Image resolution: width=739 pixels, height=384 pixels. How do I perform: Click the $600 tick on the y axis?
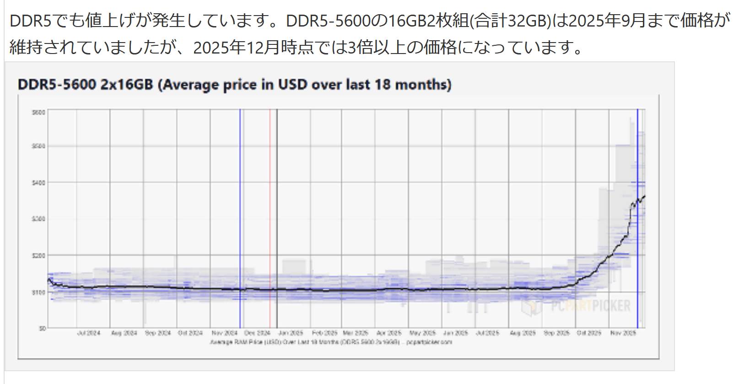coord(38,112)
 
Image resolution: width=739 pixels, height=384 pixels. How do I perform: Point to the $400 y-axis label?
coord(38,183)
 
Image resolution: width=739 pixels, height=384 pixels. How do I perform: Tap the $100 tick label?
coord(38,292)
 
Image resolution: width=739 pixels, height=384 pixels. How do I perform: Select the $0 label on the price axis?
coord(42,328)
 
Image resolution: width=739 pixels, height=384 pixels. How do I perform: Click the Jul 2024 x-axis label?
coord(89,333)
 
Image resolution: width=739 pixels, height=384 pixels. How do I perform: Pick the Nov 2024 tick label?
coord(224,333)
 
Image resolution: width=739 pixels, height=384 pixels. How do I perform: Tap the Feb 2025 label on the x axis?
coord(324,333)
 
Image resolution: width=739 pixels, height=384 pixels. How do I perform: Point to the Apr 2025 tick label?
coord(388,333)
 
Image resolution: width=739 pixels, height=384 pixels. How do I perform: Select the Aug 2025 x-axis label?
coord(523,333)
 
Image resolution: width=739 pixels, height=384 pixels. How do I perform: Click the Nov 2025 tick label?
coord(623,333)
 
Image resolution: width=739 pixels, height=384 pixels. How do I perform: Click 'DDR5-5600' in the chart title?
coord(57,85)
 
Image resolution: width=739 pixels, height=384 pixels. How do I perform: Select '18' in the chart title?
coord(383,85)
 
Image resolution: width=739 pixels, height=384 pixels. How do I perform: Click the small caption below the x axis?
coord(331,342)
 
